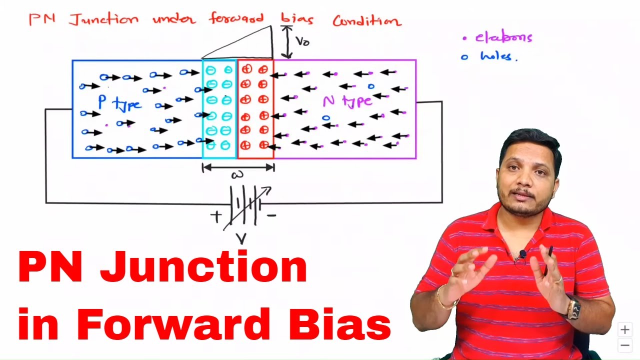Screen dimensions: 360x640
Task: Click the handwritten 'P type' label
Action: point(119,103)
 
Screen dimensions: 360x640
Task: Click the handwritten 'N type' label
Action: point(347,101)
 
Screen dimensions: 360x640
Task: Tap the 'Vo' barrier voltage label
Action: point(302,41)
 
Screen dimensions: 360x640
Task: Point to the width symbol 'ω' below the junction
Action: point(237,175)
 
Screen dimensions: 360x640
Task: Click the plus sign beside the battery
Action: point(215,216)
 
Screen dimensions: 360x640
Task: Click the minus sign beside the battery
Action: point(271,216)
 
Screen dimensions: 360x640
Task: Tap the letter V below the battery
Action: point(241,239)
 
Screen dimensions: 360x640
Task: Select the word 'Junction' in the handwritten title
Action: point(104,20)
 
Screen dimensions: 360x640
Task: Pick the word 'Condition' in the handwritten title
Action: point(366,21)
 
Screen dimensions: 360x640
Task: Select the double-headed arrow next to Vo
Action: point(287,42)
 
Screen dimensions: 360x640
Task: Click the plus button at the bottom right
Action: point(624,329)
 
